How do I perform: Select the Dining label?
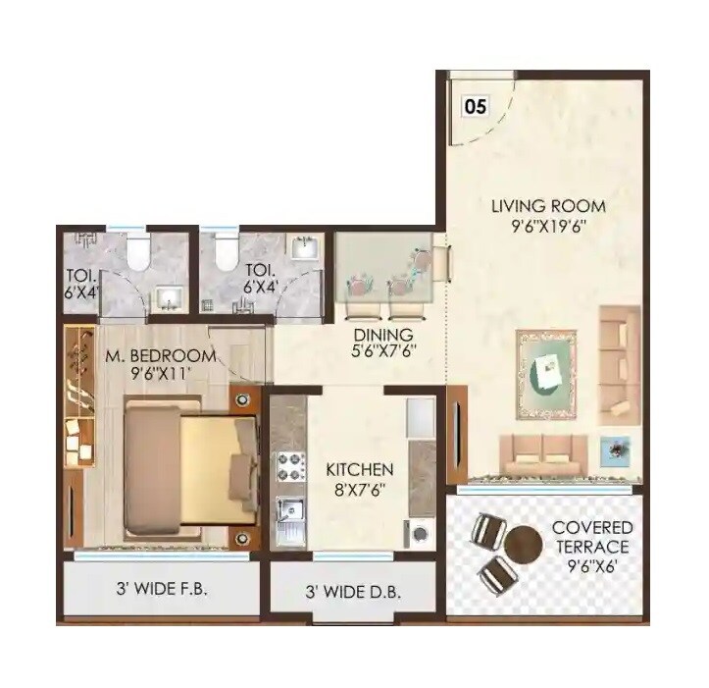pos(383,335)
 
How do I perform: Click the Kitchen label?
pos(359,470)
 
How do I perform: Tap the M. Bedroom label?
pos(160,355)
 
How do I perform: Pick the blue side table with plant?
pos(616,447)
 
